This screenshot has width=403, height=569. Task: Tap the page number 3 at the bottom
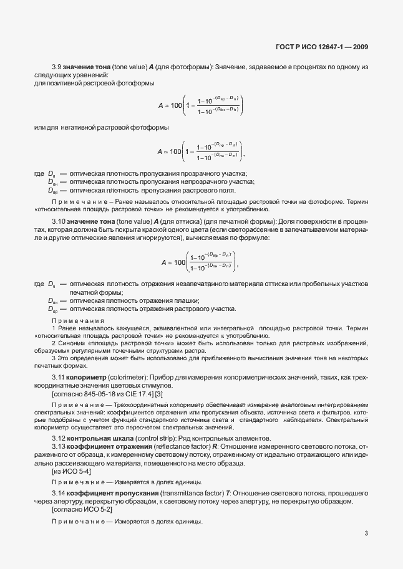[366, 533]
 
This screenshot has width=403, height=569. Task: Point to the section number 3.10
[59, 222]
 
